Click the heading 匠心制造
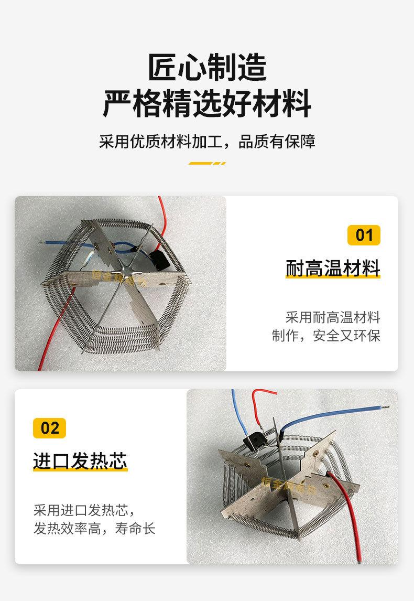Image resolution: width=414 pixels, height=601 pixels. (207, 67)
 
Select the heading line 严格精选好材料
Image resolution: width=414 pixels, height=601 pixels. (207, 103)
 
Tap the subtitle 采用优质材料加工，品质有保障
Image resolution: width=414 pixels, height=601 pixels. (207, 142)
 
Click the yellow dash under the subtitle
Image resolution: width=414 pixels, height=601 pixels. (207, 163)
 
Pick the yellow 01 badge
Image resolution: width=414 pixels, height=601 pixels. (364, 235)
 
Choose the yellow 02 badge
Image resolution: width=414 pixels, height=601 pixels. (50, 428)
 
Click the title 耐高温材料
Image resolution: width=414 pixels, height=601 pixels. (333, 268)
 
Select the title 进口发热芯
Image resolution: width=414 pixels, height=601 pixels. (80, 461)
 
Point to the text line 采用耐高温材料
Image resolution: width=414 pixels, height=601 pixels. (333, 317)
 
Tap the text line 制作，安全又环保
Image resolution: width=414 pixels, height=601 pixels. (326, 336)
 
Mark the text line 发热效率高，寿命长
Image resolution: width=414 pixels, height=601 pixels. (94, 528)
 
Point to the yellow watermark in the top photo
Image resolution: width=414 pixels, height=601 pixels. (118, 277)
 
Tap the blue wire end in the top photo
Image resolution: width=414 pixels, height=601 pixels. (42, 242)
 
